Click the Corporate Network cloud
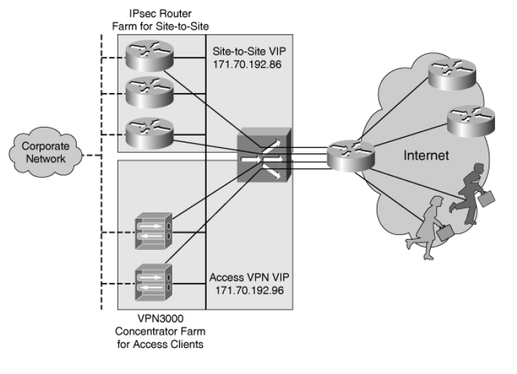tap(38, 152)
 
